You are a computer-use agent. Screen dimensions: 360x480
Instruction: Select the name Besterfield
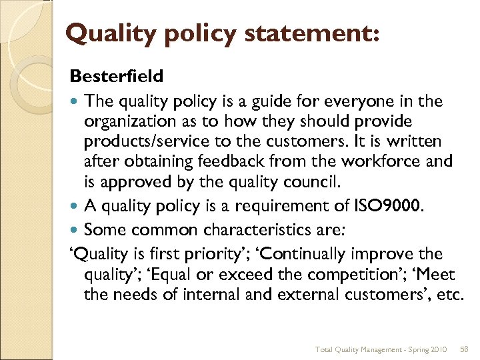(116, 77)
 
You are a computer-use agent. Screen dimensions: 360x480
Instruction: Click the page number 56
(464, 349)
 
